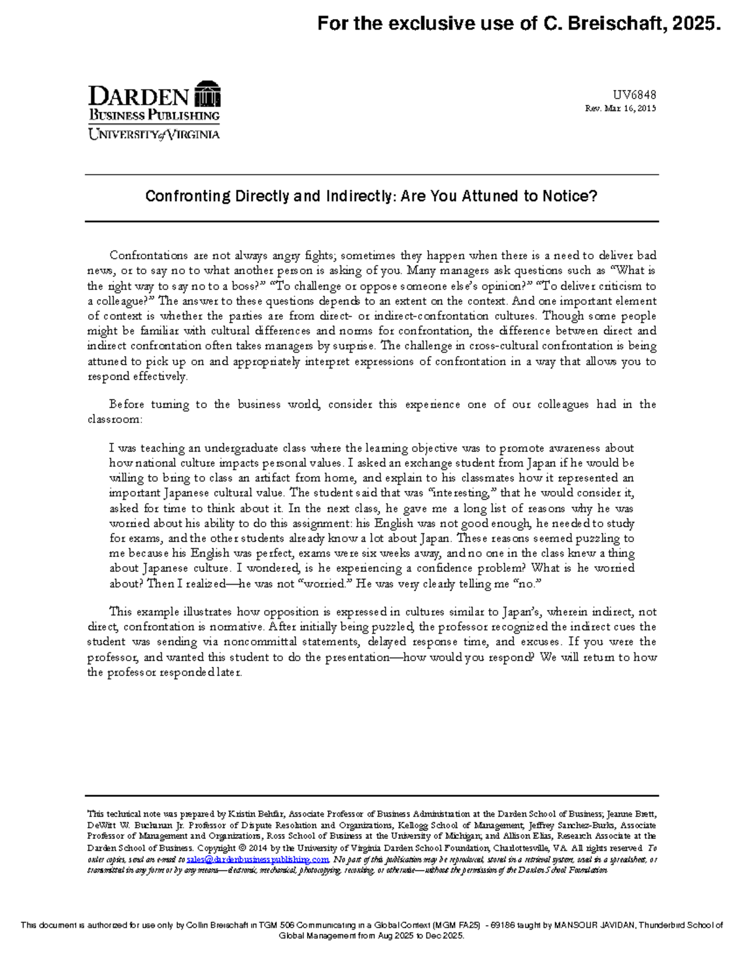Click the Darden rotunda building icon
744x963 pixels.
[207, 94]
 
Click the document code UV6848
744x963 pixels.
[634, 95]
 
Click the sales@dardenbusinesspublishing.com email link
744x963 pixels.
[257, 859]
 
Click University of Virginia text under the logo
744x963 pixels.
[154, 134]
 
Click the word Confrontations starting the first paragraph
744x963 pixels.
[148, 255]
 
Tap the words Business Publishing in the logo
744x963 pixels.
[154, 115]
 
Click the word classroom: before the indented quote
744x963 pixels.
[115, 419]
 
